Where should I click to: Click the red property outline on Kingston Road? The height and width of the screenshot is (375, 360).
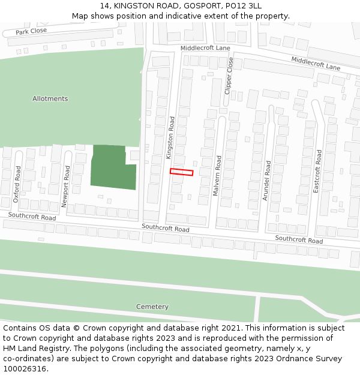click(x=181, y=172)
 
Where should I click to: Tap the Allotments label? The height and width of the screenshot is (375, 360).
click(x=50, y=98)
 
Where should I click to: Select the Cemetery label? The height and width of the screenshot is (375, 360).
click(x=152, y=307)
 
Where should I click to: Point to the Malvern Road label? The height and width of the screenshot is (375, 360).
click(x=218, y=176)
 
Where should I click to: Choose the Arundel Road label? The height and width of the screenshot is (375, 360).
click(x=268, y=180)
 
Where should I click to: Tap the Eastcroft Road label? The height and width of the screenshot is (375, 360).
click(x=318, y=171)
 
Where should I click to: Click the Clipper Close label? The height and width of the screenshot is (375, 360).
click(x=229, y=76)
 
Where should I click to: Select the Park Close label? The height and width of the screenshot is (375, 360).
click(x=31, y=31)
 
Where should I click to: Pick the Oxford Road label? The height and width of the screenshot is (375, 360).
click(x=17, y=184)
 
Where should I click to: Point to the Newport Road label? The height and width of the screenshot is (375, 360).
click(x=67, y=186)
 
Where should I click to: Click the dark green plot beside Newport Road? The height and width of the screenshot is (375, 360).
click(x=112, y=168)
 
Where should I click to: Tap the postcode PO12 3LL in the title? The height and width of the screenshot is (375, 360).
click(x=245, y=5)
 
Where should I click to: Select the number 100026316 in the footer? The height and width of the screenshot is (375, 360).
click(x=25, y=369)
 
